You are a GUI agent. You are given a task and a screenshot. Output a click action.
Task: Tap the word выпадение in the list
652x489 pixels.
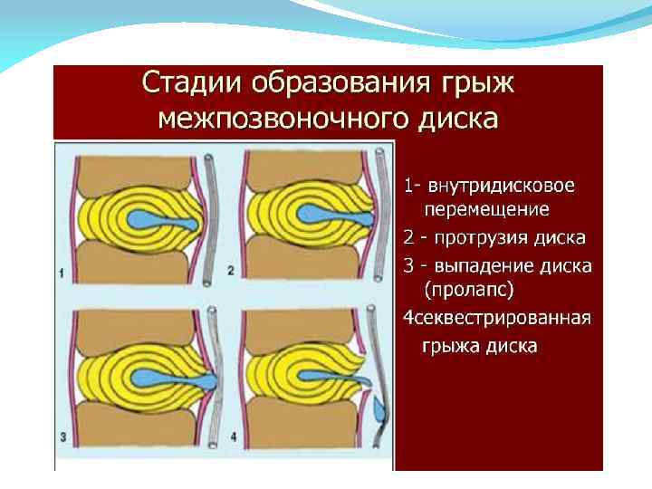488,266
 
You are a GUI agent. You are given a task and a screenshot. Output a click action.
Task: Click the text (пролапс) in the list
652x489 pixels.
469,291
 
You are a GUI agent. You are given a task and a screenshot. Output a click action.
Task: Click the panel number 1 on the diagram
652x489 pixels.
61,272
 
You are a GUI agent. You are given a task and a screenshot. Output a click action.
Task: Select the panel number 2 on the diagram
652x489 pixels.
231,270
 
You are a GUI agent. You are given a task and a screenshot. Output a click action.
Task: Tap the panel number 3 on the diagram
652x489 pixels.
61,438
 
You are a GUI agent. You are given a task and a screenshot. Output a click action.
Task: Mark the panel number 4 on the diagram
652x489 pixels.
234,438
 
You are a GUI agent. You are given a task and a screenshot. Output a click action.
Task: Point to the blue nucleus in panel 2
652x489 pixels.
326,218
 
